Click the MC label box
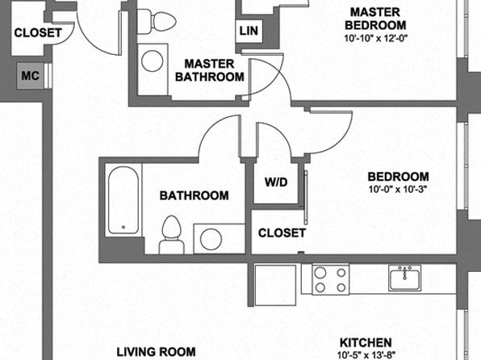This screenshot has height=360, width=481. point(31,76)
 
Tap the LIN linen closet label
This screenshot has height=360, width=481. point(249,31)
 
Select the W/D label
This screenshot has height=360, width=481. point(276,182)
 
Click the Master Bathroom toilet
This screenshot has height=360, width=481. point(156,22)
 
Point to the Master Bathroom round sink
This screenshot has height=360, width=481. point(153,61)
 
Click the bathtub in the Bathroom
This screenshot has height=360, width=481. point(123,200)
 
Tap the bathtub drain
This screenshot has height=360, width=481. point(123,227)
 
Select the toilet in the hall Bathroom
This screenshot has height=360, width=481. point(171,235)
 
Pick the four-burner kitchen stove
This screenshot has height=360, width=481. point(331,279)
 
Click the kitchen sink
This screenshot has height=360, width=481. point(404,278)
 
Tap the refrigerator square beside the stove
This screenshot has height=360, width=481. point(275,285)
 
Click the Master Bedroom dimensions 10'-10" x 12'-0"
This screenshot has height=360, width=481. point(375,39)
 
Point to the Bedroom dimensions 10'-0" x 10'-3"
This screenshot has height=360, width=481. point(398,190)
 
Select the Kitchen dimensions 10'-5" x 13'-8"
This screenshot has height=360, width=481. point(366,355)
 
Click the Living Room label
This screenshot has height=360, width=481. point(156,352)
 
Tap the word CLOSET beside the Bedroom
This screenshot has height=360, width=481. point(282,233)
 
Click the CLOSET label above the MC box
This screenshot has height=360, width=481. point(38,33)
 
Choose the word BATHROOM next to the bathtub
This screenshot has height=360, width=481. point(194,195)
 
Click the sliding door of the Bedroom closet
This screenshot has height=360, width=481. point(306,197)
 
